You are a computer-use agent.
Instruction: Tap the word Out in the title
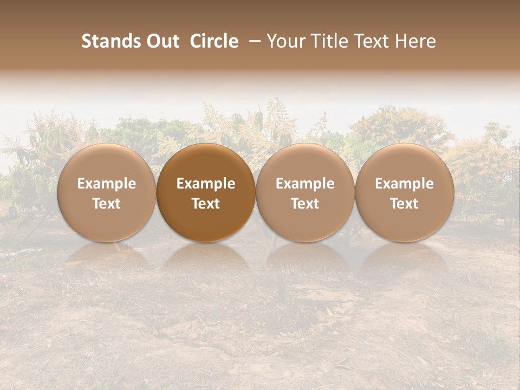click(x=162, y=41)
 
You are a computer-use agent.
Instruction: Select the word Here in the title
click(x=416, y=41)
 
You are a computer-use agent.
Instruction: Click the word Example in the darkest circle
click(x=206, y=184)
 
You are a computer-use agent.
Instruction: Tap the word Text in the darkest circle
click(x=206, y=204)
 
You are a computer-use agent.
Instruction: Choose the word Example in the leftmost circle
click(x=106, y=184)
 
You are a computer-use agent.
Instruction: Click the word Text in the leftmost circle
click(x=106, y=204)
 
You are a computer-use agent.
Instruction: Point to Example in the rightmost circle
click(x=404, y=184)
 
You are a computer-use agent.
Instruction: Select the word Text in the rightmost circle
click(x=404, y=204)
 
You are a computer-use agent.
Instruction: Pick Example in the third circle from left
click(x=305, y=184)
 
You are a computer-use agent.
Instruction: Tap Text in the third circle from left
click(x=305, y=204)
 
